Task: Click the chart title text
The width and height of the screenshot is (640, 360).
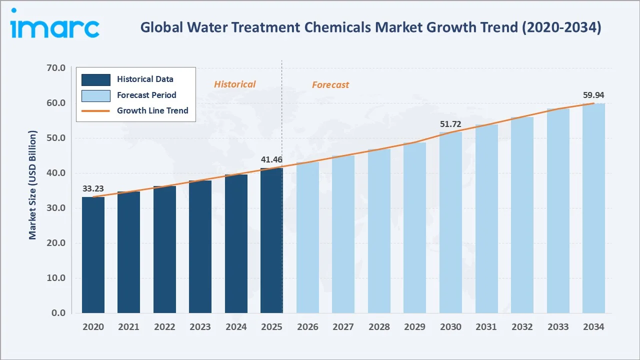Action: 370,27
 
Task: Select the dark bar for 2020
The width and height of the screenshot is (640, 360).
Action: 93,255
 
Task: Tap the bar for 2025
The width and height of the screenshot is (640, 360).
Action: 271,240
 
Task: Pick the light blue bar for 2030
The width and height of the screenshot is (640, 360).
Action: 450,222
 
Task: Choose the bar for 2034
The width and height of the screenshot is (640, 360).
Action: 593,208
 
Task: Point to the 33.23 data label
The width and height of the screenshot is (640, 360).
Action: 93,189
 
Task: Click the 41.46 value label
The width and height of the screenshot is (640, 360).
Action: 271,160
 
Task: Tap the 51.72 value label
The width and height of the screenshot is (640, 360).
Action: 450,124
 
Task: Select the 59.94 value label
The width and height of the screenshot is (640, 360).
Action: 593,95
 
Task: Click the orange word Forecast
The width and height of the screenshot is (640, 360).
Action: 330,85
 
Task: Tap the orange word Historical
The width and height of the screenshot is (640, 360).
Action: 234,84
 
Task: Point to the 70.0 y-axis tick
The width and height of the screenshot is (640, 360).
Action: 55,68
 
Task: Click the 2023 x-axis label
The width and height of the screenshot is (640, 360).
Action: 200,327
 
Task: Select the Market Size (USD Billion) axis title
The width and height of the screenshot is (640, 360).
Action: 33,185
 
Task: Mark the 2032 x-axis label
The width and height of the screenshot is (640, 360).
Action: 522,327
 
